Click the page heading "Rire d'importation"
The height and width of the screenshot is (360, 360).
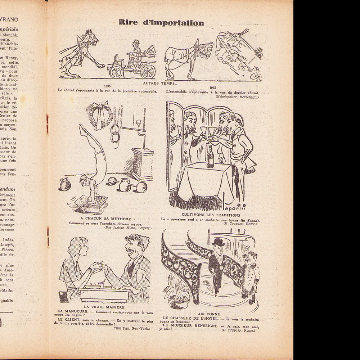click(x=161, y=23)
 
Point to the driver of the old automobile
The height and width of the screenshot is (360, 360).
click(x=135, y=50)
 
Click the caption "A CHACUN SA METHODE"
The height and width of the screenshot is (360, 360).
click(x=105, y=219)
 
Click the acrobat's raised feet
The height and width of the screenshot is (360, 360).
click(x=83, y=129)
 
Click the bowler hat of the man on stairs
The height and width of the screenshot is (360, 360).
click(x=218, y=242)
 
